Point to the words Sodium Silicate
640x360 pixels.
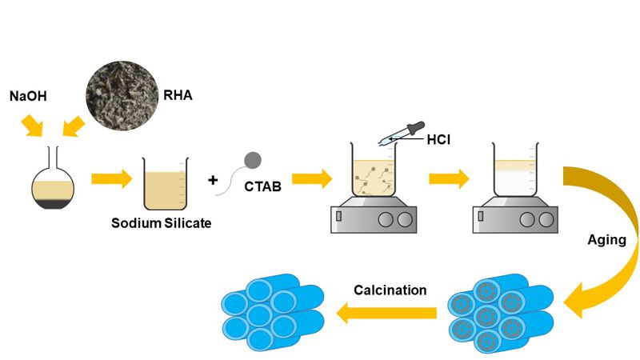pyautogui.click(x=162, y=223)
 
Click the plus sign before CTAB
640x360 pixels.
pyautogui.click(x=213, y=180)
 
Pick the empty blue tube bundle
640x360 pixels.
pyautogui.click(x=270, y=314)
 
